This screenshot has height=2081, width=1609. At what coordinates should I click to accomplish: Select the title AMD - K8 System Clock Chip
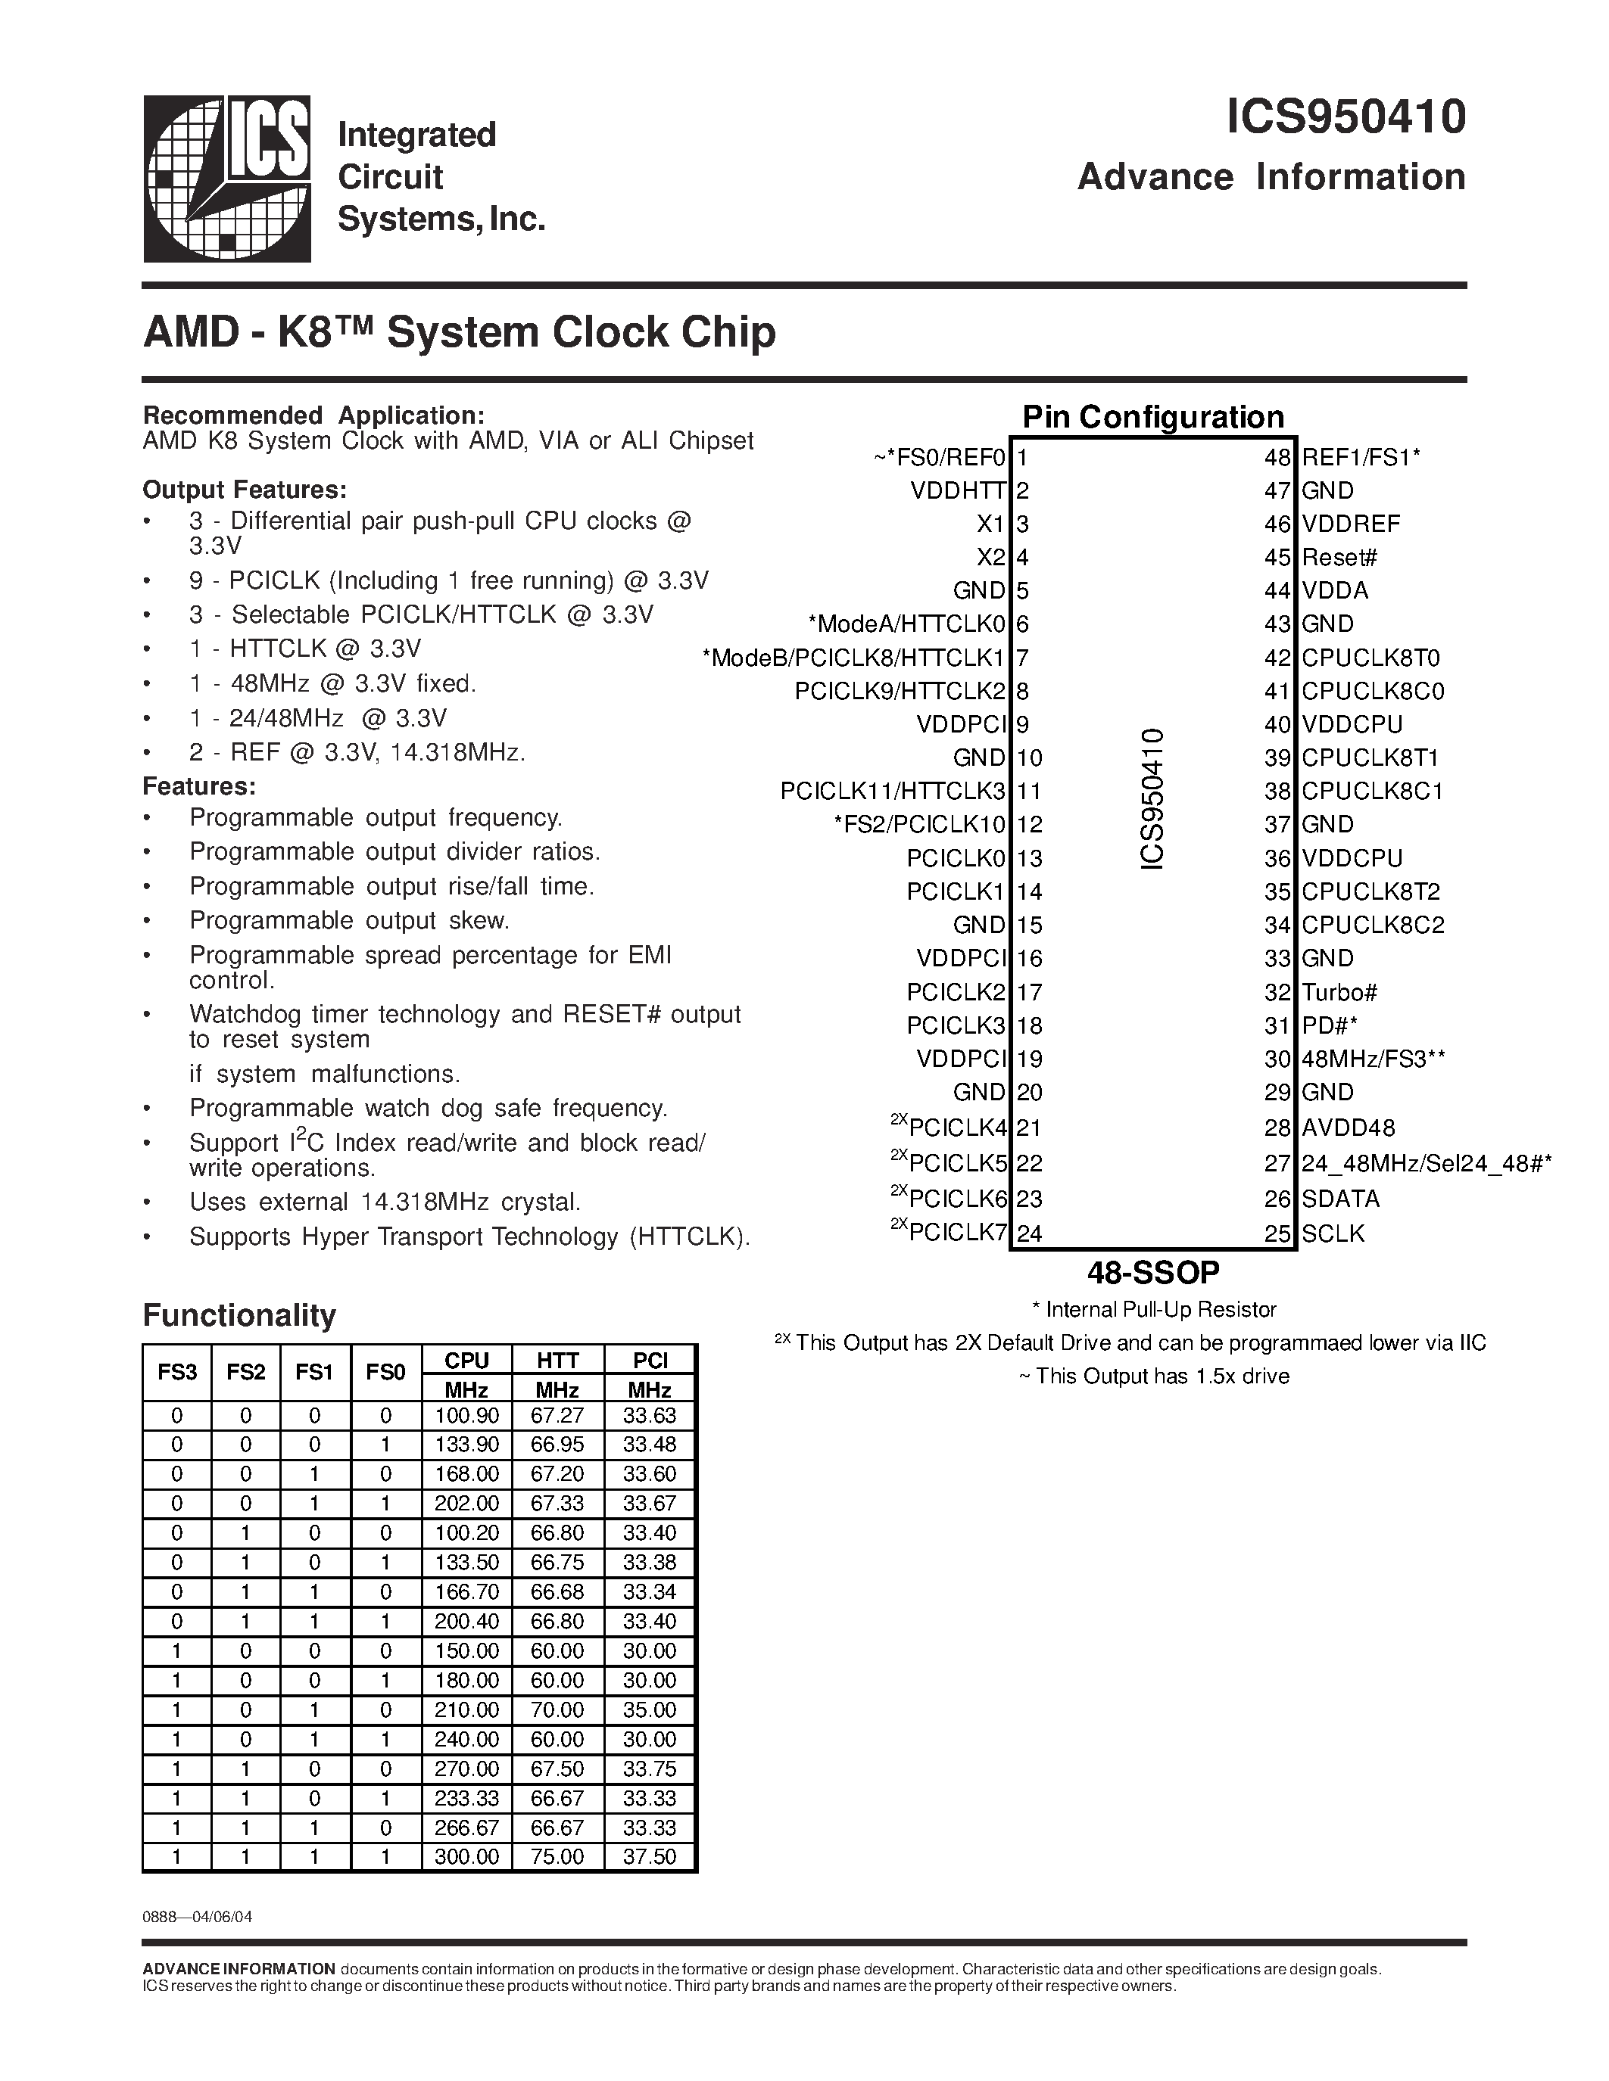[459, 332]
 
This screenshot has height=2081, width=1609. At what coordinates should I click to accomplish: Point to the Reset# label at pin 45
[1339, 558]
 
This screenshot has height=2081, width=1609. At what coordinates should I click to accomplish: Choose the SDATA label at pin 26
[1340, 1199]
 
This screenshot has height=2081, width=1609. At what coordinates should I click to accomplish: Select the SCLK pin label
[1333, 1233]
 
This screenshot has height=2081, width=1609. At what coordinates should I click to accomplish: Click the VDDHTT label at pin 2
[958, 490]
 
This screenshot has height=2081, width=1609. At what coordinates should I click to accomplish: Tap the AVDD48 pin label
[1348, 1128]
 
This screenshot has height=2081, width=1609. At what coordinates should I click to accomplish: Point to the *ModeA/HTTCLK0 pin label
[906, 624]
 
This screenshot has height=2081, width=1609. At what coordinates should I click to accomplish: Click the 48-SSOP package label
[1153, 1272]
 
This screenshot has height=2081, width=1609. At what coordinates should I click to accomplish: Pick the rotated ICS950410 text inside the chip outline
[1152, 798]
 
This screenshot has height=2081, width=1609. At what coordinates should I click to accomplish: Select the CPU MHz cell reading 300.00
[467, 1857]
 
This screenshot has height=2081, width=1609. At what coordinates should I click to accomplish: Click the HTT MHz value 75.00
[557, 1857]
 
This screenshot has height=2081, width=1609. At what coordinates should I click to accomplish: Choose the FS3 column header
[177, 1372]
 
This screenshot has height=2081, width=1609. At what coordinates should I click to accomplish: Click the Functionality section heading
[239, 1315]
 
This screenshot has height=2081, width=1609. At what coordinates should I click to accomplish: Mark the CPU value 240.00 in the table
[467, 1740]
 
